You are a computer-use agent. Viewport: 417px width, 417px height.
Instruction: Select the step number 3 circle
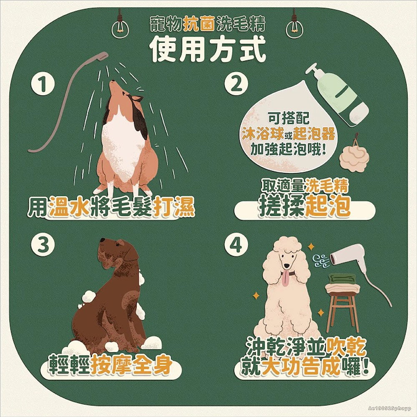pyautogui.click(x=43, y=244)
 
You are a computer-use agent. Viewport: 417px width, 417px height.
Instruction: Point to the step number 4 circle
pyautogui.click(x=236, y=244)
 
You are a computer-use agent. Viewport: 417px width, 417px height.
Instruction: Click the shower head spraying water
pyautogui.click(x=100, y=56)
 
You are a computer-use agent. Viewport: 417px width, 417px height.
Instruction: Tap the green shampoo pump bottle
pyautogui.click(x=337, y=94)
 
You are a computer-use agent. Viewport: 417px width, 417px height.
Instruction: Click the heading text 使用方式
pyautogui.click(x=208, y=49)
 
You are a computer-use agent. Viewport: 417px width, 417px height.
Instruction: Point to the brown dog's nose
pyautogui.click(x=103, y=240)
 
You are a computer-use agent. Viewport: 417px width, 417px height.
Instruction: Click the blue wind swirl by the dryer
pyautogui.click(x=321, y=261)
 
